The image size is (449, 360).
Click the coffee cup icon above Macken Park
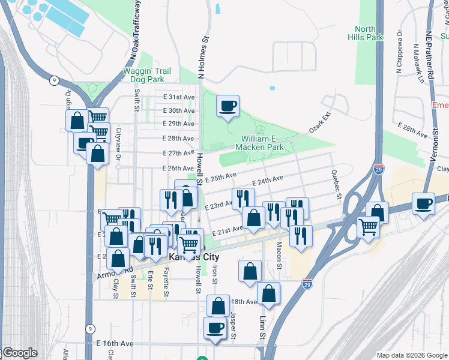(x=228, y=107)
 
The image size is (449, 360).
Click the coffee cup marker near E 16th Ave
(x=215, y=328)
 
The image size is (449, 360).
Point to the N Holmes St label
(x=204, y=61)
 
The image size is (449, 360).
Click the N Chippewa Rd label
(x=399, y=58)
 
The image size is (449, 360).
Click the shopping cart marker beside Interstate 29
(x=367, y=227)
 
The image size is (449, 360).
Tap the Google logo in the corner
(x=19, y=353)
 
